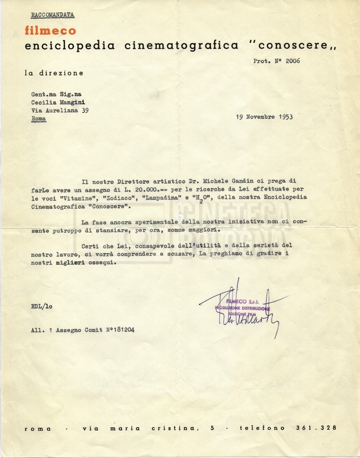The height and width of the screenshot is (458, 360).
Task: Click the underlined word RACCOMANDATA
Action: coord(52,15)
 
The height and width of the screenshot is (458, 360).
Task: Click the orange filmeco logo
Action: coord(51,30)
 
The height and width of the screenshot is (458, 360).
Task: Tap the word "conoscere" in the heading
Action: coord(293,46)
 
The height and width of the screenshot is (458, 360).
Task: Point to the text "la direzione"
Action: coord(54,72)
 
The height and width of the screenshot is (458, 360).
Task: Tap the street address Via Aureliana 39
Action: coord(59,110)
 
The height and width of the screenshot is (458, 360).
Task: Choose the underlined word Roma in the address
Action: coord(38,119)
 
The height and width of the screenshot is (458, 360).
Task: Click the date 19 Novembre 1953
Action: coord(264,117)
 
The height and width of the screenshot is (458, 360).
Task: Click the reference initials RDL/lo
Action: coord(42,307)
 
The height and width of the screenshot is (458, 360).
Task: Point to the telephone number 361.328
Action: coord(316,428)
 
